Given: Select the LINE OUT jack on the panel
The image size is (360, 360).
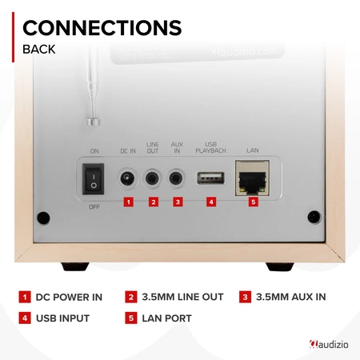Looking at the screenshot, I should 153,178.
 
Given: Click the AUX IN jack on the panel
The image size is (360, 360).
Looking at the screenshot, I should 178,178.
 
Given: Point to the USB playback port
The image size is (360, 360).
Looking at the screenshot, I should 211,177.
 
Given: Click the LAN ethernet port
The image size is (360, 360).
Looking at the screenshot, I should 252,177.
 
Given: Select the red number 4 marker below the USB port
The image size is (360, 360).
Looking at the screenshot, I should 211,202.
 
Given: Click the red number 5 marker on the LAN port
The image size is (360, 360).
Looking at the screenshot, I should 252,202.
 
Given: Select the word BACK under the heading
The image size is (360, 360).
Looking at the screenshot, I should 39,50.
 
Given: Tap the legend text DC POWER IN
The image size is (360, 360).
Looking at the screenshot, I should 68,298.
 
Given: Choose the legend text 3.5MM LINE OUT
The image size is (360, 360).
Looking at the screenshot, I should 180,298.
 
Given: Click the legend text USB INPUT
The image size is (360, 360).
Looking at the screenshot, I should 63,318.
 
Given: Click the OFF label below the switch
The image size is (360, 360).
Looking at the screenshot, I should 94,206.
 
